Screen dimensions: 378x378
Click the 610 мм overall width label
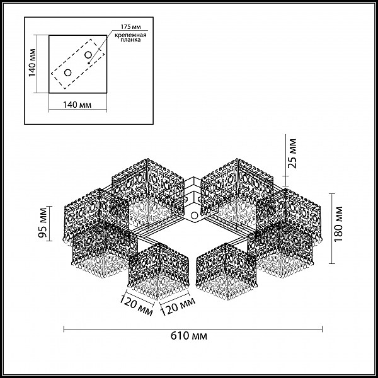point(189,336)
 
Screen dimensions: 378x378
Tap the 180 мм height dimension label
point(339,224)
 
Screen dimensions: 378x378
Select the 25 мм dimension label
point(292,154)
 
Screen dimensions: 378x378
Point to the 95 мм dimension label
point(43,222)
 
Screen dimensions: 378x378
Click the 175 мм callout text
point(130,26)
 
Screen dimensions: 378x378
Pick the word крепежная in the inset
point(130,35)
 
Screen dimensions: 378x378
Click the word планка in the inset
point(130,40)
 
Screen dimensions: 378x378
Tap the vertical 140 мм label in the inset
point(32,63)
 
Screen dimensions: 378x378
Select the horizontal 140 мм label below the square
point(77,105)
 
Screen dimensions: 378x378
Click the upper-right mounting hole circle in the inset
point(88,55)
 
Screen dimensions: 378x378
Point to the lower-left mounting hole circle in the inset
point(68,72)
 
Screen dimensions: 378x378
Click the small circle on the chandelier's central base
point(194,215)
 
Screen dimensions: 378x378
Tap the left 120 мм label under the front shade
point(136,305)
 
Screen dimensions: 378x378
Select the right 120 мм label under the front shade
point(178,306)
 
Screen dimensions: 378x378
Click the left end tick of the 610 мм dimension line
point(64,329)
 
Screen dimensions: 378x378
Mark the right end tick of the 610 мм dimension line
point(323,329)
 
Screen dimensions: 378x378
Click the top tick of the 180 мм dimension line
point(332,194)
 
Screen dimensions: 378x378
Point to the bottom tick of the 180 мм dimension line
point(332,263)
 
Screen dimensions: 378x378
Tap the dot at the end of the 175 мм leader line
point(89,64)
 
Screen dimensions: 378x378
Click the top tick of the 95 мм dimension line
point(49,207)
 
